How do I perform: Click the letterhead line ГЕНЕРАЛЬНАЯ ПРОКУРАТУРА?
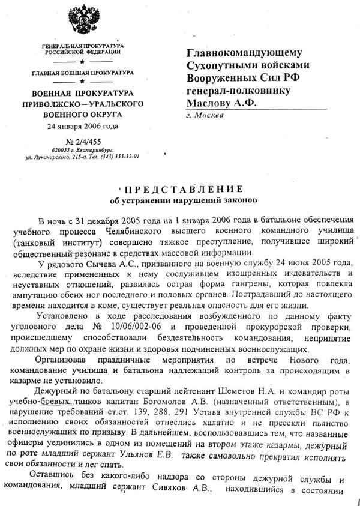point(83,46)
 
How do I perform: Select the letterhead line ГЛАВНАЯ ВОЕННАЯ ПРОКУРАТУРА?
point(83,72)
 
